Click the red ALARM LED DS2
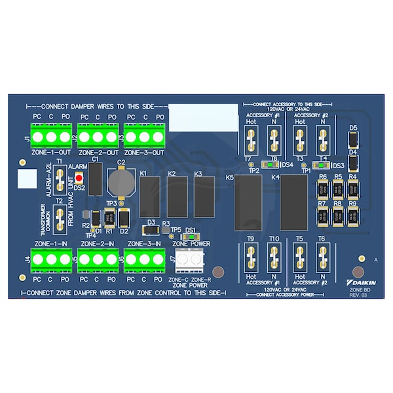[79, 178]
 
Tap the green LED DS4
[273, 165]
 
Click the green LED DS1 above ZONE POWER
[191, 238]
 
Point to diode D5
[352, 140]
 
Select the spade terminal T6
[321, 259]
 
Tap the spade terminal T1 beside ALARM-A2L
[60, 177]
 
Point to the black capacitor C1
[95, 178]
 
